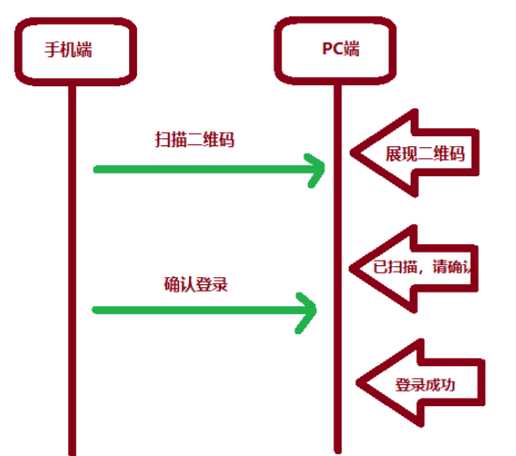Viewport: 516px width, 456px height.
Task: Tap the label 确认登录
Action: [x=194, y=283]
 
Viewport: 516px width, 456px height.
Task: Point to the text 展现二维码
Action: [x=425, y=154]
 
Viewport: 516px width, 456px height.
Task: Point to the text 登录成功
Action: [x=424, y=384]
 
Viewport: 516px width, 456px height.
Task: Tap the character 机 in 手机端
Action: [x=70, y=50]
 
